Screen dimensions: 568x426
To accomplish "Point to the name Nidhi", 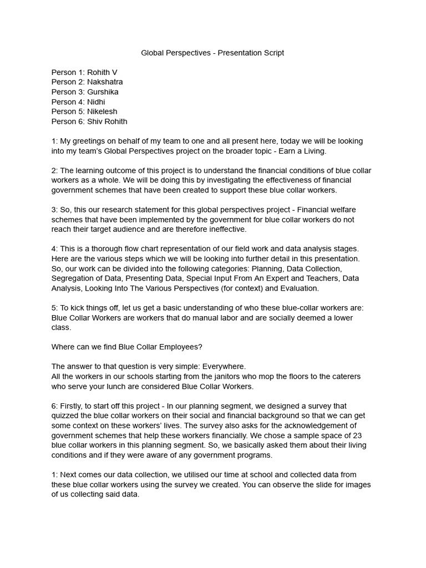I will [x=96, y=102].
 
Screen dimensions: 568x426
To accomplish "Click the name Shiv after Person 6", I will [x=95, y=121].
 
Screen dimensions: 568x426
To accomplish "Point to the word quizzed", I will [x=68, y=416].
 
